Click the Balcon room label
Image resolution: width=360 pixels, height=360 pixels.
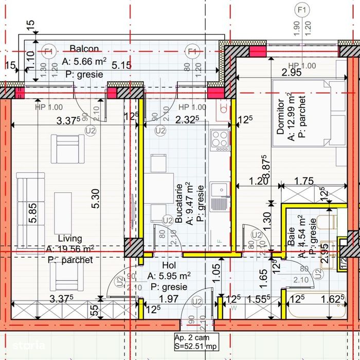(x=84, y=49)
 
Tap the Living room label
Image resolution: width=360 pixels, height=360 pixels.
(x=70, y=239)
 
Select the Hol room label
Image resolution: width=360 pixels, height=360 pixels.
(x=169, y=265)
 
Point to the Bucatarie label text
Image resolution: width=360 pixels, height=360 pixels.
(x=178, y=203)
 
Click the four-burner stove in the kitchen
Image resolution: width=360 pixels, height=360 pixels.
(x=220, y=139)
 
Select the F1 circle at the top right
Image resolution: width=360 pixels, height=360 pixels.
(x=302, y=10)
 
